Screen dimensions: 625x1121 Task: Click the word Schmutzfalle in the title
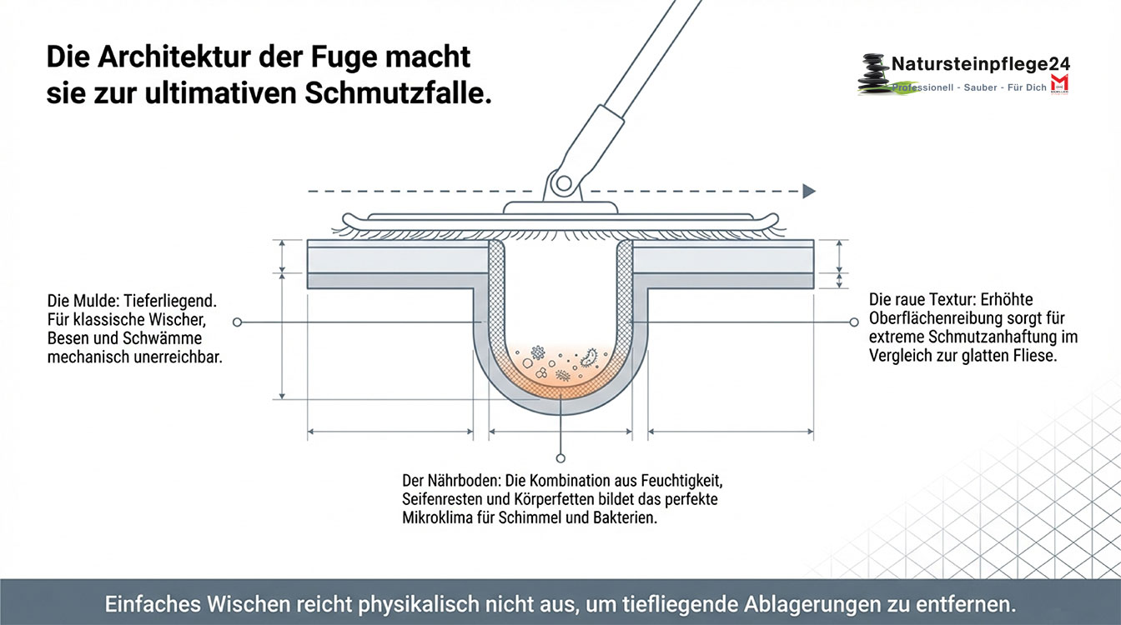pos(395,92)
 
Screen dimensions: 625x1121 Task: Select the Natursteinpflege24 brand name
pos(980,64)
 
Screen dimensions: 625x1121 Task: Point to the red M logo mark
pos(1059,83)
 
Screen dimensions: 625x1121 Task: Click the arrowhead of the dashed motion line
pos(808,191)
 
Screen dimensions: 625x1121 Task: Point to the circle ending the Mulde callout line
pos(238,322)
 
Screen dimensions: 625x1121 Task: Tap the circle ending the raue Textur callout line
pos(853,322)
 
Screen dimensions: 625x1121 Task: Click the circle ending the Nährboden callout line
pos(560,457)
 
